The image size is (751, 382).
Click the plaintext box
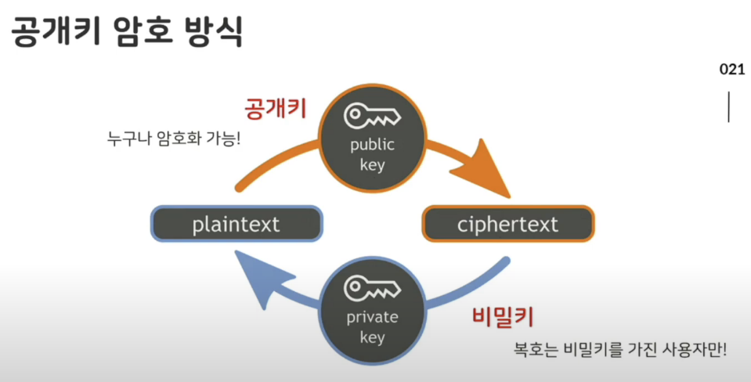(x=236, y=224)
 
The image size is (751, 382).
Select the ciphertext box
(x=507, y=224)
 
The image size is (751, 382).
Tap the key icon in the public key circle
(x=372, y=116)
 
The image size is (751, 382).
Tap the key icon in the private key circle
(x=372, y=288)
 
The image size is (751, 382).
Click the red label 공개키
(x=276, y=108)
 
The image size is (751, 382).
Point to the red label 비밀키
(x=503, y=316)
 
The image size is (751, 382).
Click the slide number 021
(x=732, y=70)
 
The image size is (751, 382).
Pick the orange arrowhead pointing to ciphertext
(x=480, y=168)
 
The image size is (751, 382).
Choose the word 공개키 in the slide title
(x=56, y=31)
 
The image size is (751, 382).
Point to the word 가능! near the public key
(x=223, y=139)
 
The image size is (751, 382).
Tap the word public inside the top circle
(x=372, y=145)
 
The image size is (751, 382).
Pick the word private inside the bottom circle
(x=372, y=317)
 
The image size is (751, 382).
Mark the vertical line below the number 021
(x=729, y=107)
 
